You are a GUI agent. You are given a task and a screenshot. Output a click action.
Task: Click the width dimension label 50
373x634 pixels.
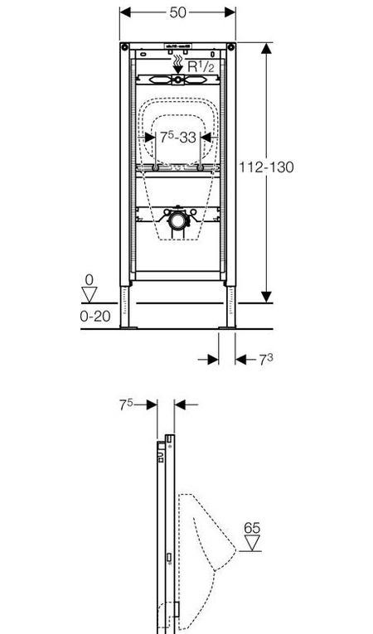177,12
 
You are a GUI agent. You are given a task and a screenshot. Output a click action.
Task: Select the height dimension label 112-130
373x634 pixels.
265,167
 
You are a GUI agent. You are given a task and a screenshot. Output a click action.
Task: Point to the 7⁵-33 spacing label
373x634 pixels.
178,137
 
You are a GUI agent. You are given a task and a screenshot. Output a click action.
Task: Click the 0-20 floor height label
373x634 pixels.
96,316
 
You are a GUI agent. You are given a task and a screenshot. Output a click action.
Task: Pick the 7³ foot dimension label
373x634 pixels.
265,359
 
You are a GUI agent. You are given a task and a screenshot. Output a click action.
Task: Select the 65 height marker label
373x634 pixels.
253,527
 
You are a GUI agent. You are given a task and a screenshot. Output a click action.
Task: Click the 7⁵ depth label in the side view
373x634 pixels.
127,404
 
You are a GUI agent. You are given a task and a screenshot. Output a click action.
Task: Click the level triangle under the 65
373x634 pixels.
252,544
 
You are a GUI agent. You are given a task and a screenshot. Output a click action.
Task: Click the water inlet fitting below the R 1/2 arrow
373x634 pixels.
177,80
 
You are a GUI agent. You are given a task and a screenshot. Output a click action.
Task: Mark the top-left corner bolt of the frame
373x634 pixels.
124,46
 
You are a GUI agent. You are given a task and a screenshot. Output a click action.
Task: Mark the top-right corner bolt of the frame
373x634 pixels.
231,46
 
